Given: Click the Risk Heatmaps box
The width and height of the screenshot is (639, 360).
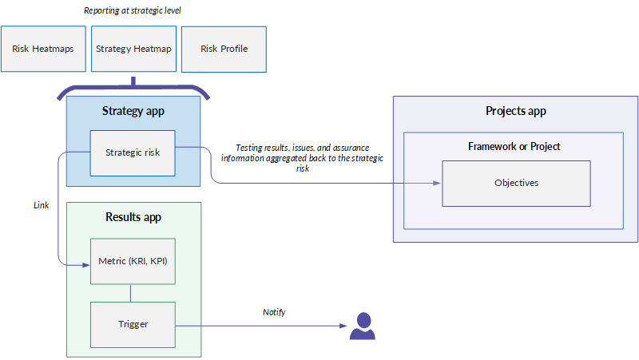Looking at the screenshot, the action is pos(43,49).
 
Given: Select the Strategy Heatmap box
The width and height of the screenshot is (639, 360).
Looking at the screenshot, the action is pos(133,49).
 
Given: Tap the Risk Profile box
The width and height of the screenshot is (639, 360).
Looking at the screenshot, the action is pos(224,49).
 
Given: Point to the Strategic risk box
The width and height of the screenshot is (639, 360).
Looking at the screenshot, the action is pos(133,153).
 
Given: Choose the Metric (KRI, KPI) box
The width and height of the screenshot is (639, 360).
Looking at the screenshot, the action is pos(133,262).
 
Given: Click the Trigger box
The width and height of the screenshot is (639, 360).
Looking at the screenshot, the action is pos(133,325).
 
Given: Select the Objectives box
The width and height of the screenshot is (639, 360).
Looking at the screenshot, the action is pos(516,184).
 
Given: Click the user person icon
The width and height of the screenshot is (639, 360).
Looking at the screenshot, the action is pos(363,326).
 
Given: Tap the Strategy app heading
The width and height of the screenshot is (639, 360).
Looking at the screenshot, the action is pos(133,111).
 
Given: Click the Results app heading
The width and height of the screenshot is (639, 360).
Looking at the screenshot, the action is pos(133,217).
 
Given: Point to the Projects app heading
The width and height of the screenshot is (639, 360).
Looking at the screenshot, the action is pos(515,111).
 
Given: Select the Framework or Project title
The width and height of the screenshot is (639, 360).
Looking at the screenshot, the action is pos(514,147).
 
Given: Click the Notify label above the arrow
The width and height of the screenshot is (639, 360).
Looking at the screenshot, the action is pos(274,312).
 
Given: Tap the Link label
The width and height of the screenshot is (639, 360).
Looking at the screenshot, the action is pos(42,205).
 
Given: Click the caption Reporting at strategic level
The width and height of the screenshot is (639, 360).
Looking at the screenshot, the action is pos(133,10).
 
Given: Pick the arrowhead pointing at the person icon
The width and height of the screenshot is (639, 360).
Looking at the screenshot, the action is pos(343,326).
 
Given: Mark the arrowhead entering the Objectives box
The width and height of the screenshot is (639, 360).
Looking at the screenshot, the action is pos(437,184).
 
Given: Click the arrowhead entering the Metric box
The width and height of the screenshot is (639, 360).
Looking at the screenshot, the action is pos(86,265).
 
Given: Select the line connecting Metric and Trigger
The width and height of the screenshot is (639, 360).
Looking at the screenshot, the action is pos(130,293).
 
